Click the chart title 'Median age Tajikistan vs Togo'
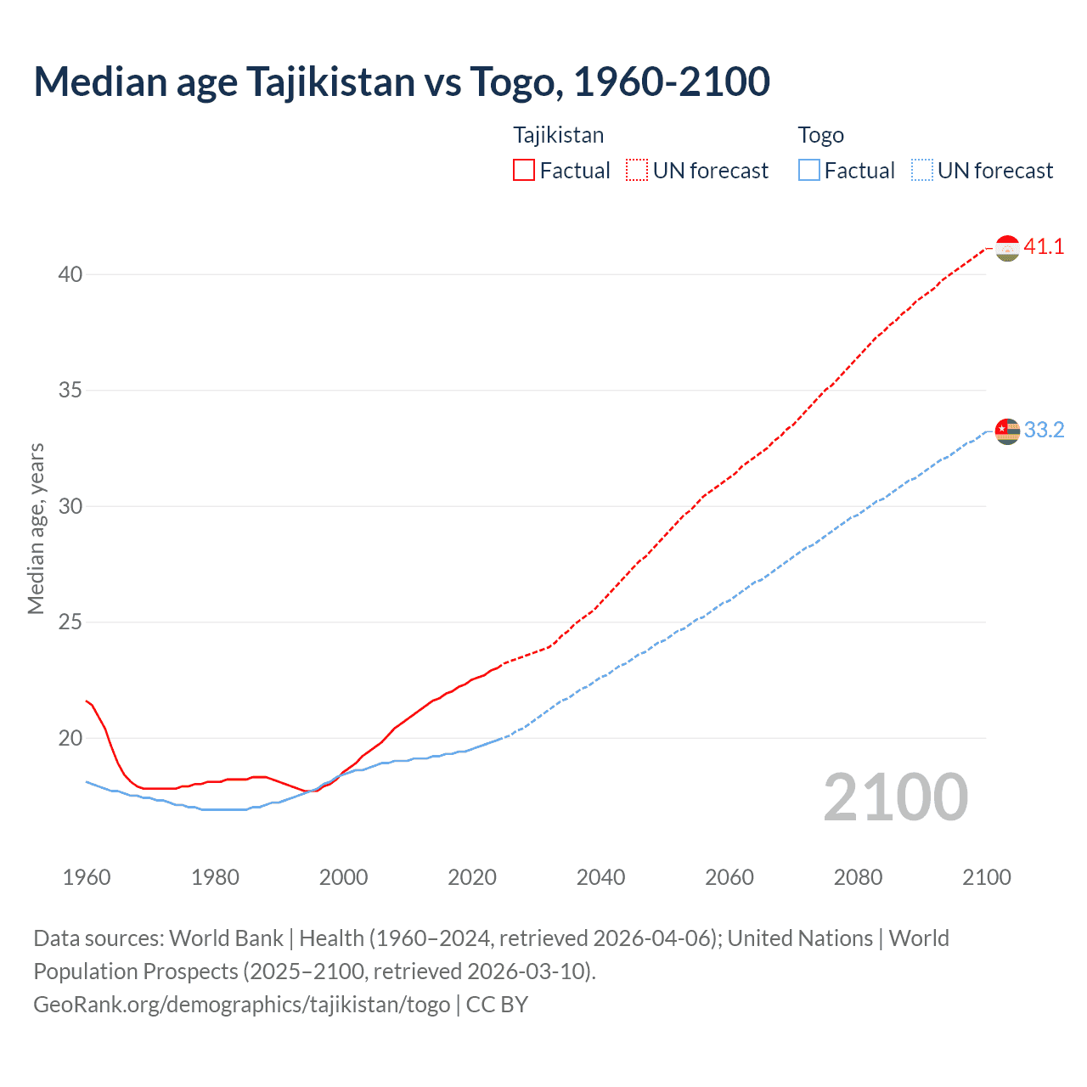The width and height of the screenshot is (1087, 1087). point(402,82)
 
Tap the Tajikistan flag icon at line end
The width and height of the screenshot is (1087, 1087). point(1007,248)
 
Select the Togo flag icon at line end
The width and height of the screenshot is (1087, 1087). point(1007,431)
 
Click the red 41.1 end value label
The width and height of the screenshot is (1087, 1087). point(1044,247)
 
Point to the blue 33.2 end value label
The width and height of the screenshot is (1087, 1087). point(1044,431)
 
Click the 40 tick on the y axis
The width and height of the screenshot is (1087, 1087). point(70,274)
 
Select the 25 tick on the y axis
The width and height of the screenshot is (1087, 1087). point(70,622)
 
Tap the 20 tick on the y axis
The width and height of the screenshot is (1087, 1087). point(70,738)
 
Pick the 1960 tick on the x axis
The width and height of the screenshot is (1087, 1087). point(87,877)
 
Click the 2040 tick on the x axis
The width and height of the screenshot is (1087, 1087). point(600,877)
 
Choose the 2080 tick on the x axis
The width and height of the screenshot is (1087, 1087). point(858,877)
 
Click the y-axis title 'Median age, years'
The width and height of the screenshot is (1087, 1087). point(36,528)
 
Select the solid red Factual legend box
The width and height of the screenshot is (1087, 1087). point(524,171)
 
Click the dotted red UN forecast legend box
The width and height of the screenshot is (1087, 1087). point(637,171)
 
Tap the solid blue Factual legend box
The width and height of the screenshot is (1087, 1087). point(809,171)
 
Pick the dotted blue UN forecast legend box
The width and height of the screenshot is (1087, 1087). point(921,171)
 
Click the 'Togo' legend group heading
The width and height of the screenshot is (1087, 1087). point(820,135)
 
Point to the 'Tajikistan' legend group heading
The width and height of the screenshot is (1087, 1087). point(558,135)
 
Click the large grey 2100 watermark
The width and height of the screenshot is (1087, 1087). point(895,797)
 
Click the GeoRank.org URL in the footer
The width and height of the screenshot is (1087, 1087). point(242,1005)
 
